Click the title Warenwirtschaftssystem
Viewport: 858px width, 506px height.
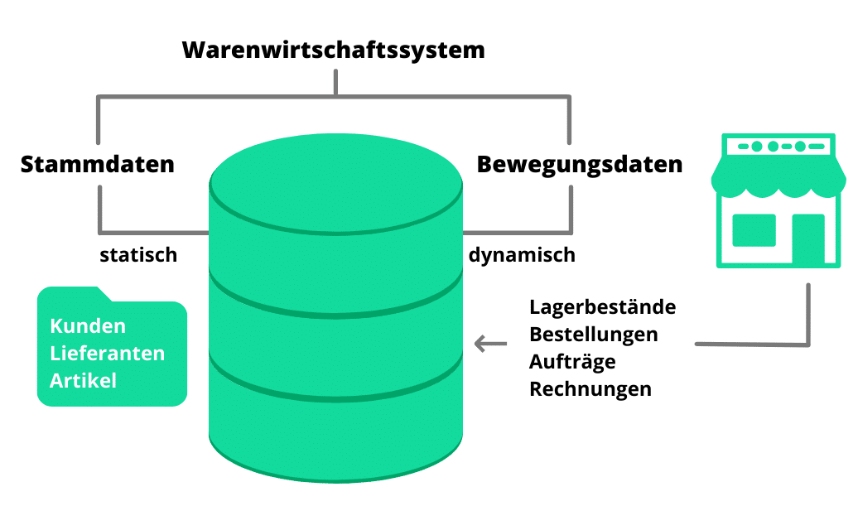point(333,50)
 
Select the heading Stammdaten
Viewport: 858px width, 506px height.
point(98,164)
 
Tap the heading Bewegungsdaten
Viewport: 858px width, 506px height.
point(579,164)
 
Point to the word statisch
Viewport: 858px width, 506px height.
point(138,255)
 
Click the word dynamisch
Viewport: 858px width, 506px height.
point(522,255)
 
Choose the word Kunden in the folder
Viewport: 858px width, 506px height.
point(88,325)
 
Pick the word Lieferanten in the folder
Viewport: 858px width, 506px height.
point(107,354)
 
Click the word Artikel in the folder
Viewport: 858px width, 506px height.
point(83,381)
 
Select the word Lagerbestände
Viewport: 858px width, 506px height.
point(602,307)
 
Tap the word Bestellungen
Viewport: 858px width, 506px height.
point(593,335)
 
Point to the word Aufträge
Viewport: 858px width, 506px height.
point(572,362)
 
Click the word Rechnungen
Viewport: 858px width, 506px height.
point(590,389)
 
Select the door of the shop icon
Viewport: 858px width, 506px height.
point(807,239)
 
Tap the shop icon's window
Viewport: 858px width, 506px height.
point(754,230)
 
